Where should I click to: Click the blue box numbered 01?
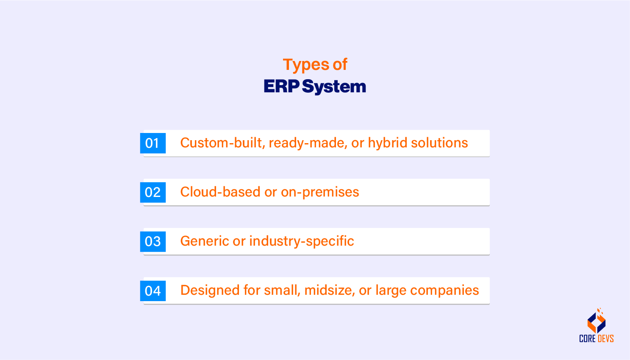tap(153, 143)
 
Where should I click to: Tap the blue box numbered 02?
tap(153, 192)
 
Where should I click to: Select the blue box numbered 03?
tap(153, 241)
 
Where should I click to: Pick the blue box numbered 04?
tap(153, 291)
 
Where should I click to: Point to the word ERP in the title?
tap(281, 86)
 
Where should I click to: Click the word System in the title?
tap(334, 86)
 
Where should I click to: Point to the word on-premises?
tap(320, 192)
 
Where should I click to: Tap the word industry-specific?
tap(301, 241)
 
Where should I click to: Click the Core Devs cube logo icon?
tap(597, 322)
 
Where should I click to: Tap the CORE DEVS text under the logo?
tap(597, 338)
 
